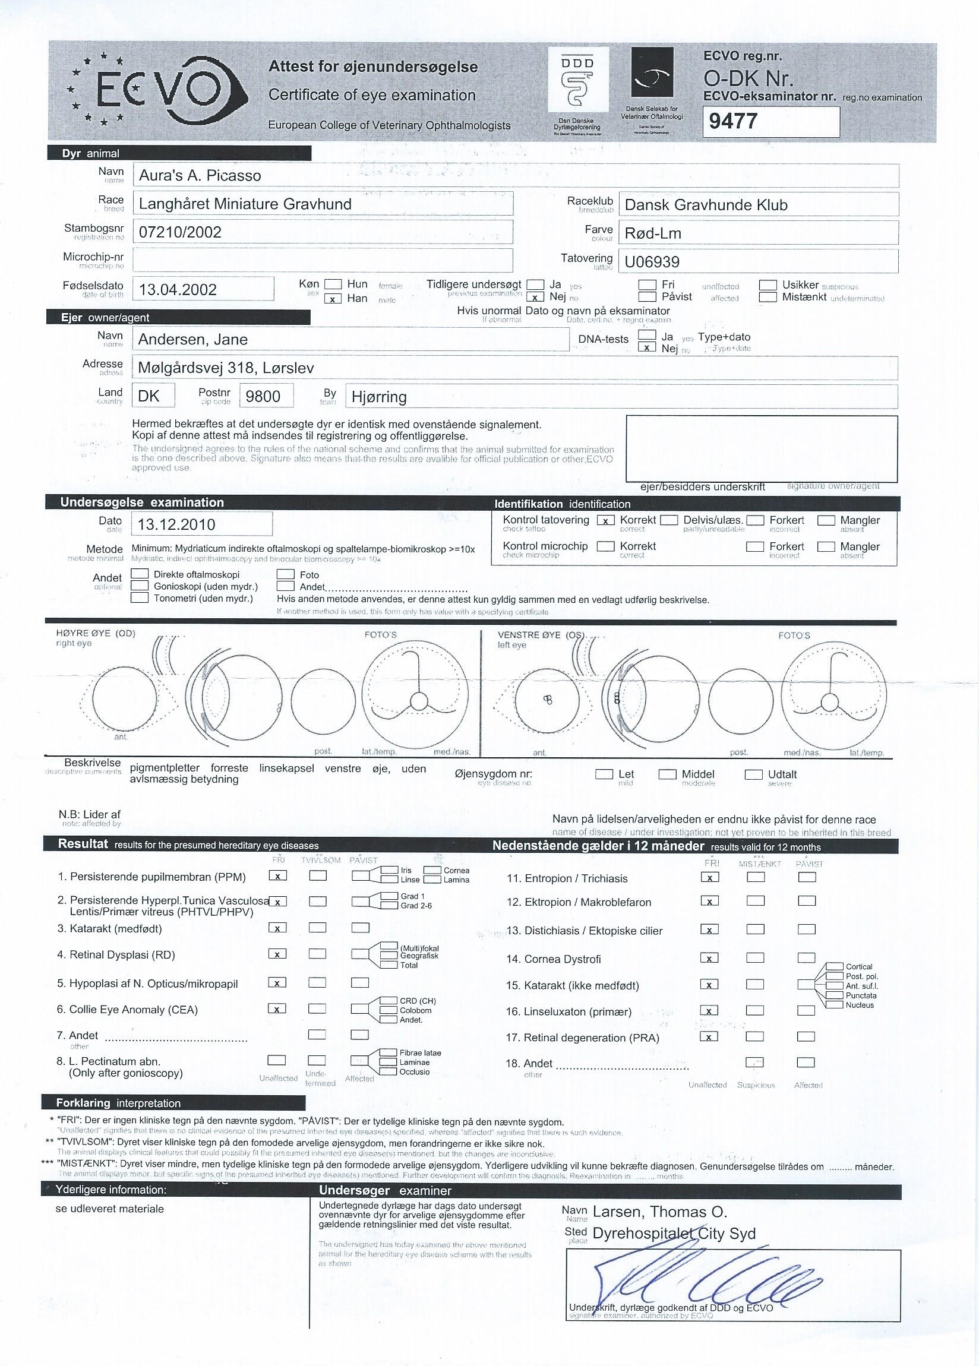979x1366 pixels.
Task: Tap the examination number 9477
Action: click(732, 122)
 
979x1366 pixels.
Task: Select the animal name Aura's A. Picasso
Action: click(200, 176)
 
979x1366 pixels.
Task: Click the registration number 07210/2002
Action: click(180, 232)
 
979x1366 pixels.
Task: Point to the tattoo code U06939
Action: click(652, 262)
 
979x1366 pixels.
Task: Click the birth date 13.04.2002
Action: click(178, 290)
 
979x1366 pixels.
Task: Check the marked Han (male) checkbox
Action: click(333, 299)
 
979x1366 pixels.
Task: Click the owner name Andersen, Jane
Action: click(193, 340)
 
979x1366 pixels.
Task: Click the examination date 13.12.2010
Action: click(176, 524)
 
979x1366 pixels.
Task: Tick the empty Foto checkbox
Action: click(286, 575)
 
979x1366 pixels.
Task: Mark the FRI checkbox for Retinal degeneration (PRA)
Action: click(710, 1036)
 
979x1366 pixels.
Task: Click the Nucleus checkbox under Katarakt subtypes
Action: click(835, 1005)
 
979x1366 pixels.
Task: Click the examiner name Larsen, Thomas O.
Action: click(659, 1212)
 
